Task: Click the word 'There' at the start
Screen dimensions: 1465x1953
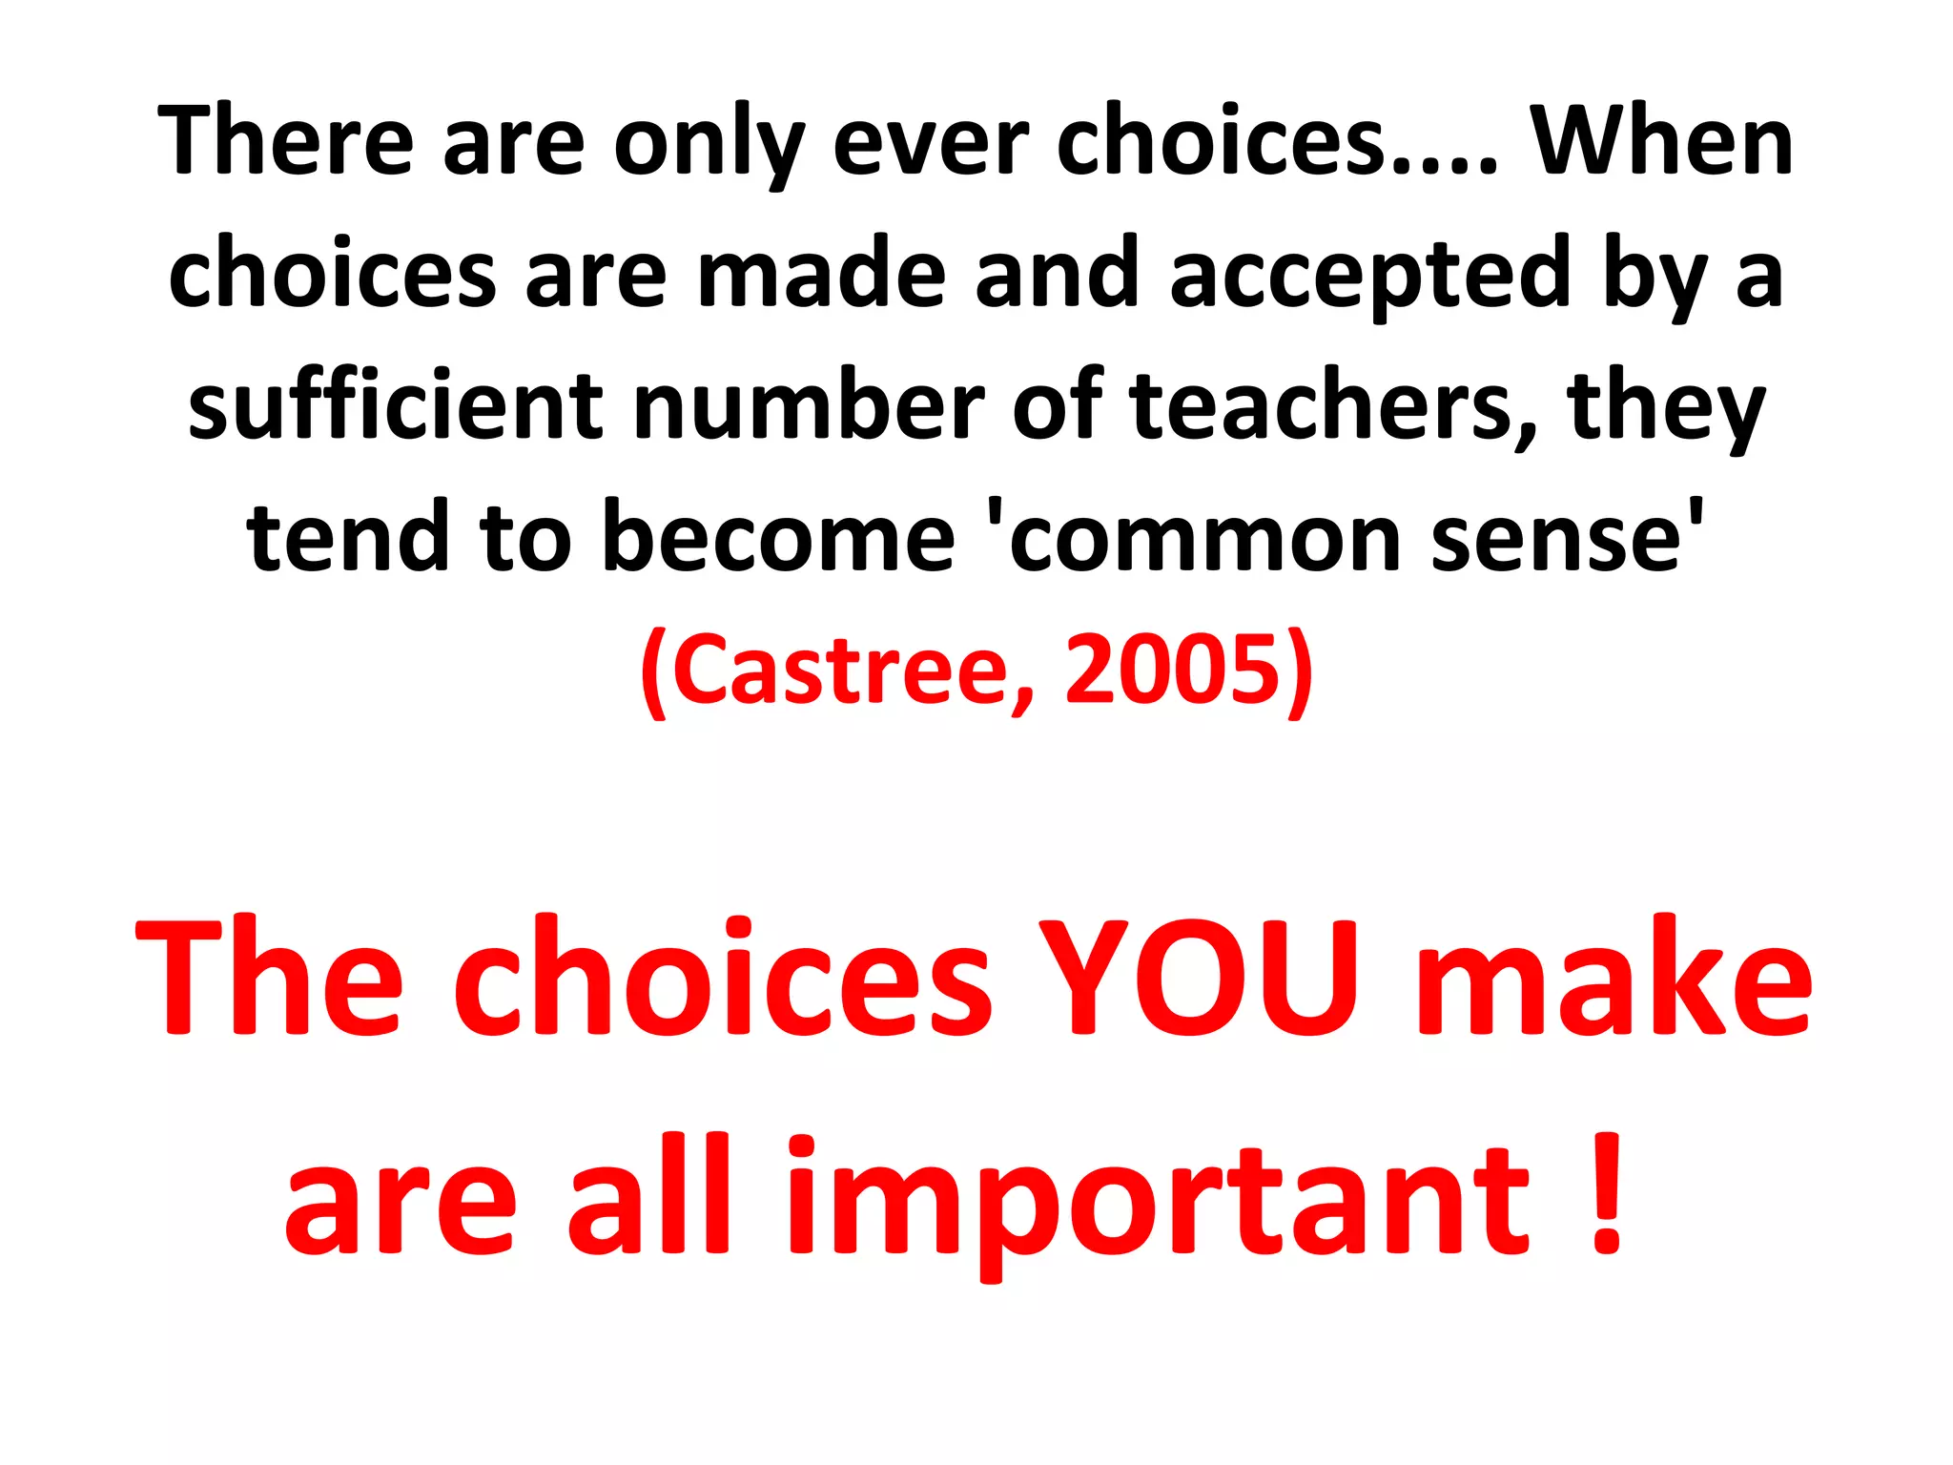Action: point(286,141)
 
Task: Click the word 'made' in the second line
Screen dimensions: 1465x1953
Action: point(820,274)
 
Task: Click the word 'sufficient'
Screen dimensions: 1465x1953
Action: point(395,405)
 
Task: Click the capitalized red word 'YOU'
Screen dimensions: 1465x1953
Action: point(1198,978)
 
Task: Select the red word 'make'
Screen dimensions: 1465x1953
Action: point(1612,978)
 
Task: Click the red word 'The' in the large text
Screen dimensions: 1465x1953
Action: point(271,978)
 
